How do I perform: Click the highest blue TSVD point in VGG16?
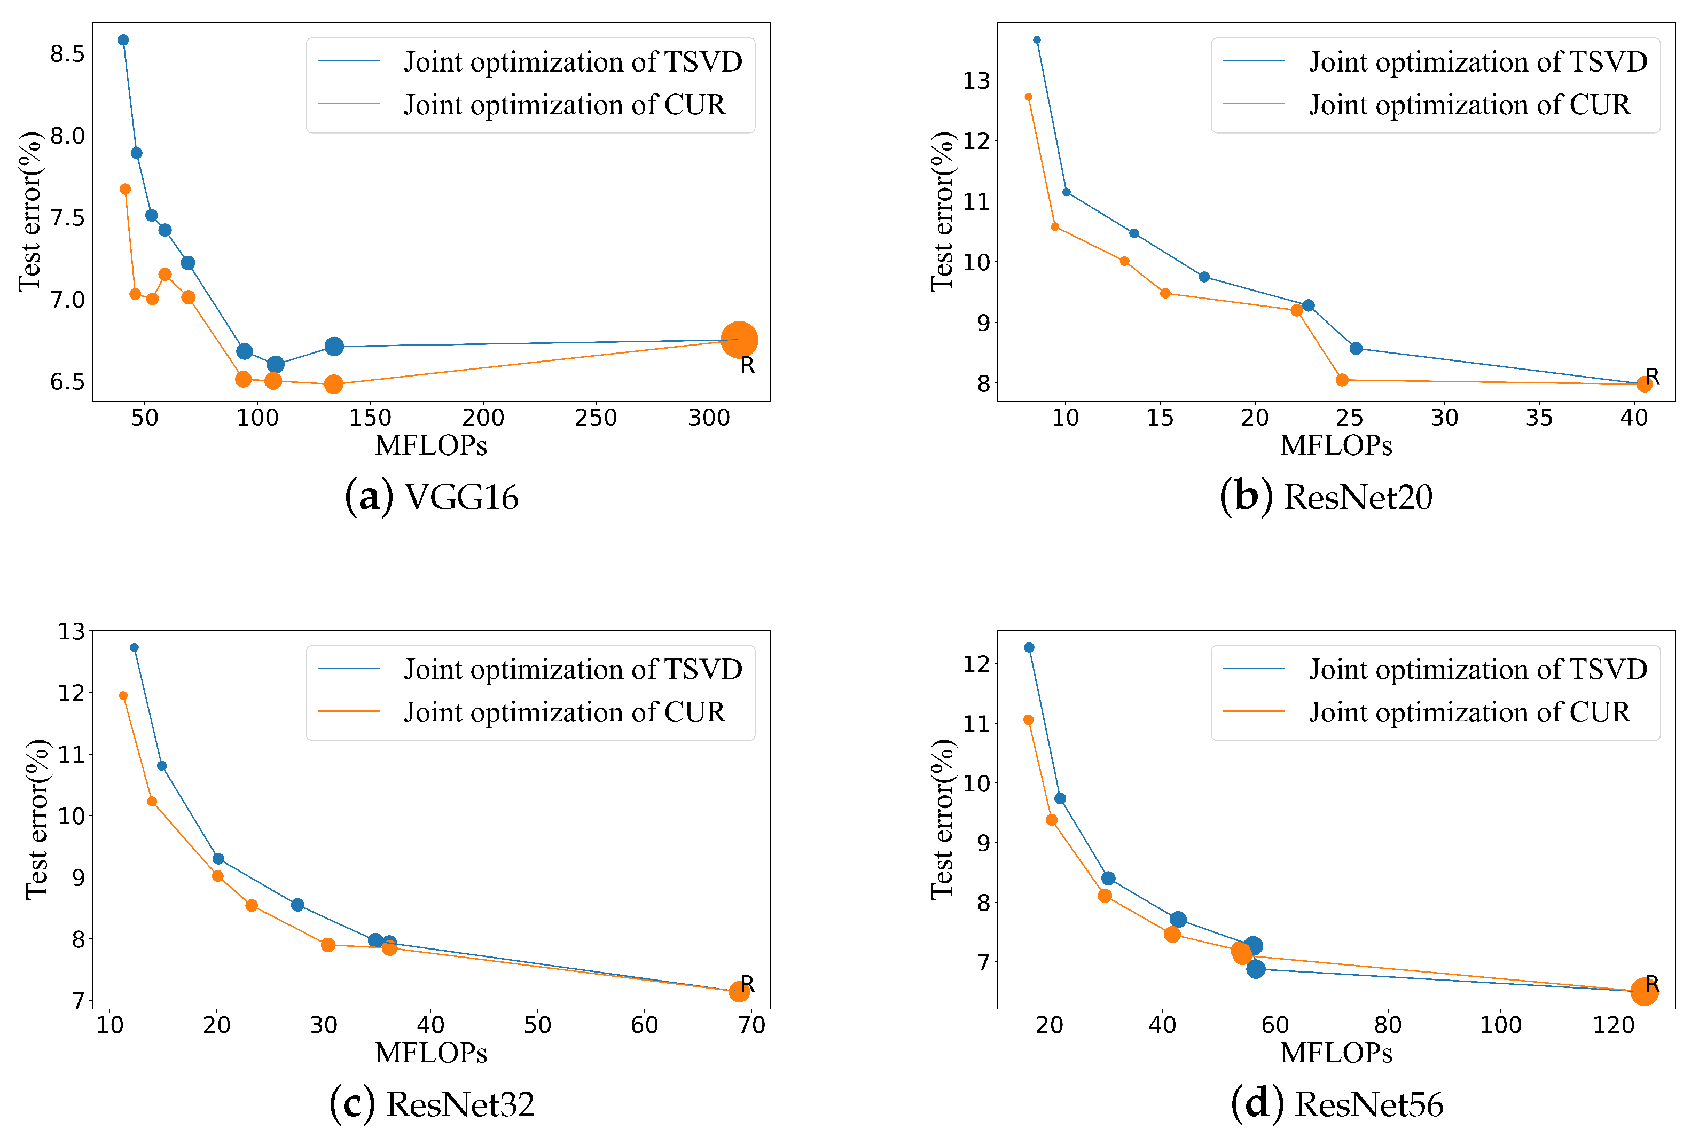[x=123, y=40]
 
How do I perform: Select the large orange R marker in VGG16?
[x=738, y=340]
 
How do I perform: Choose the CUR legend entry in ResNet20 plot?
[x=1468, y=105]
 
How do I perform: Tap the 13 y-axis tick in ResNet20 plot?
[x=976, y=80]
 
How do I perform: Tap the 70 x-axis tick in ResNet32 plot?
[x=751, y=1026]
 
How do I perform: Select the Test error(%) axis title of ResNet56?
[x=943, y=819]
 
